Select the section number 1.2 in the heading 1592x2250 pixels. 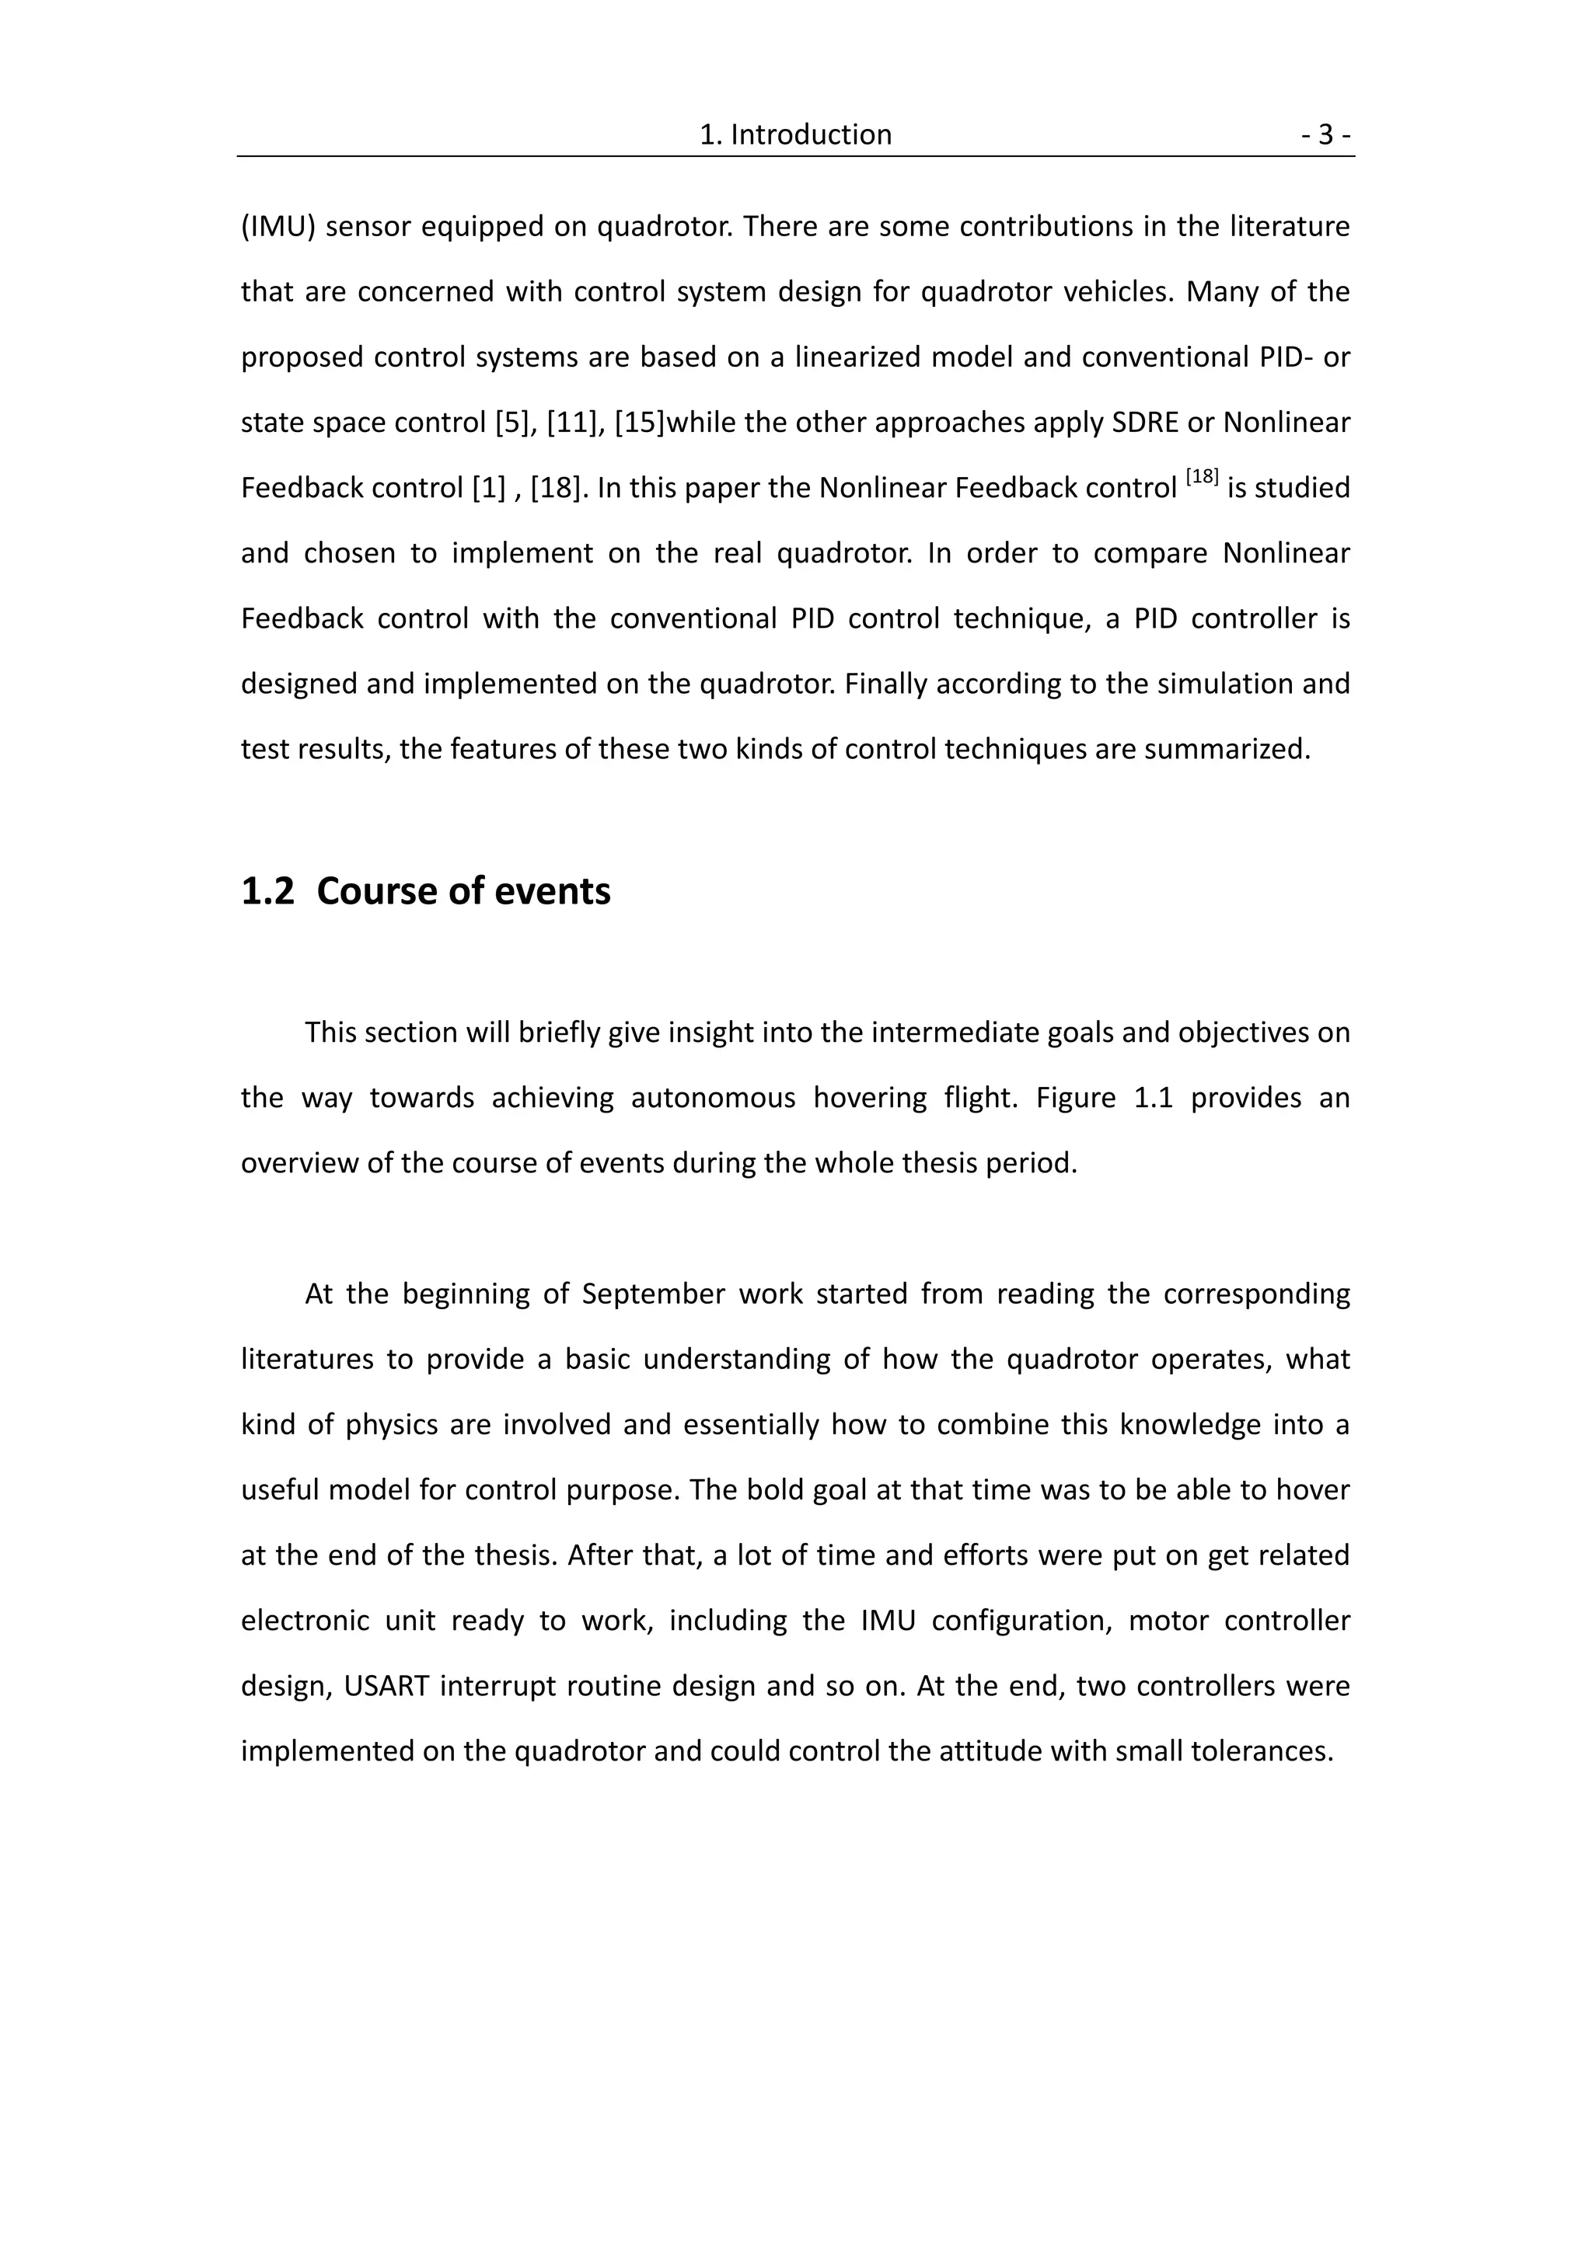267,892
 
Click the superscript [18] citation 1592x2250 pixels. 1201,477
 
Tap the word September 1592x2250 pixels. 652,1294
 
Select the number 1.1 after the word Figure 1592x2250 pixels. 1153,1098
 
